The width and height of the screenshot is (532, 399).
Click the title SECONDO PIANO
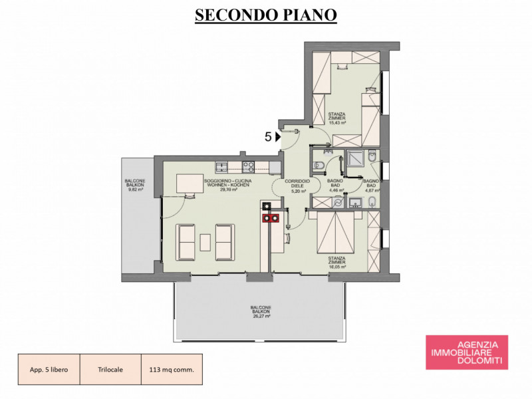pos(265,15)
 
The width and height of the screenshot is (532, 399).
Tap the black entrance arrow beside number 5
pos(278,137)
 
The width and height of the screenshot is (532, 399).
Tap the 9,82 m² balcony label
pos(136,190)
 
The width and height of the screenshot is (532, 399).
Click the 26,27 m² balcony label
pos(260,317)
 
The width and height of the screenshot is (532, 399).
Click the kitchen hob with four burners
pos(249,166)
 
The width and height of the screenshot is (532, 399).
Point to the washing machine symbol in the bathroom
pos(339,200)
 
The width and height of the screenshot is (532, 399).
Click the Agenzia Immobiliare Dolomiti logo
pos(467,352)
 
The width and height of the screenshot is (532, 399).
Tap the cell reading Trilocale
pos(110,369)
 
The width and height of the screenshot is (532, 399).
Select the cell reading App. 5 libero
pos(49,369)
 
